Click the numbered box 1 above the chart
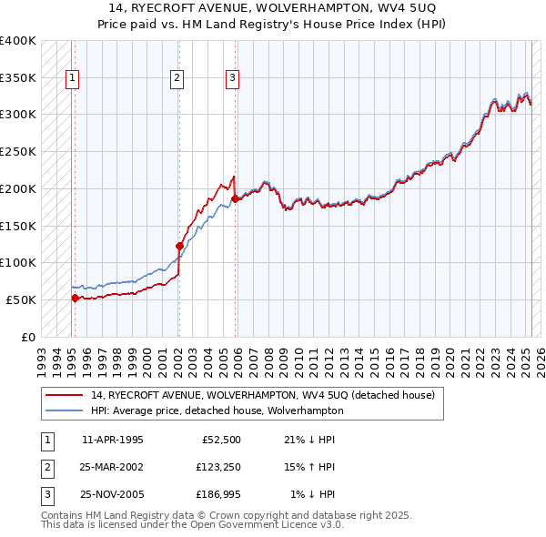(x=72, y=78)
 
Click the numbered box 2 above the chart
(x=177, y=78)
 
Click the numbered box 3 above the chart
(x=233, y=78)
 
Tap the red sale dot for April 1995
(x=75, y=298)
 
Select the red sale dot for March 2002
(x=179, y=245)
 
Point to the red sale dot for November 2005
(x=235, y=198)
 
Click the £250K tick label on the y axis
(x=17, y=151)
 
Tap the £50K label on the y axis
(x=21, y=299)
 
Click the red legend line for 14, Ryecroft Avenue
(x=63, y=395)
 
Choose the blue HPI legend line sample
(x=63, y=410)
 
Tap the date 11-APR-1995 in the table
(x=113, y=440)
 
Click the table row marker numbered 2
(x=45, y=467)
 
